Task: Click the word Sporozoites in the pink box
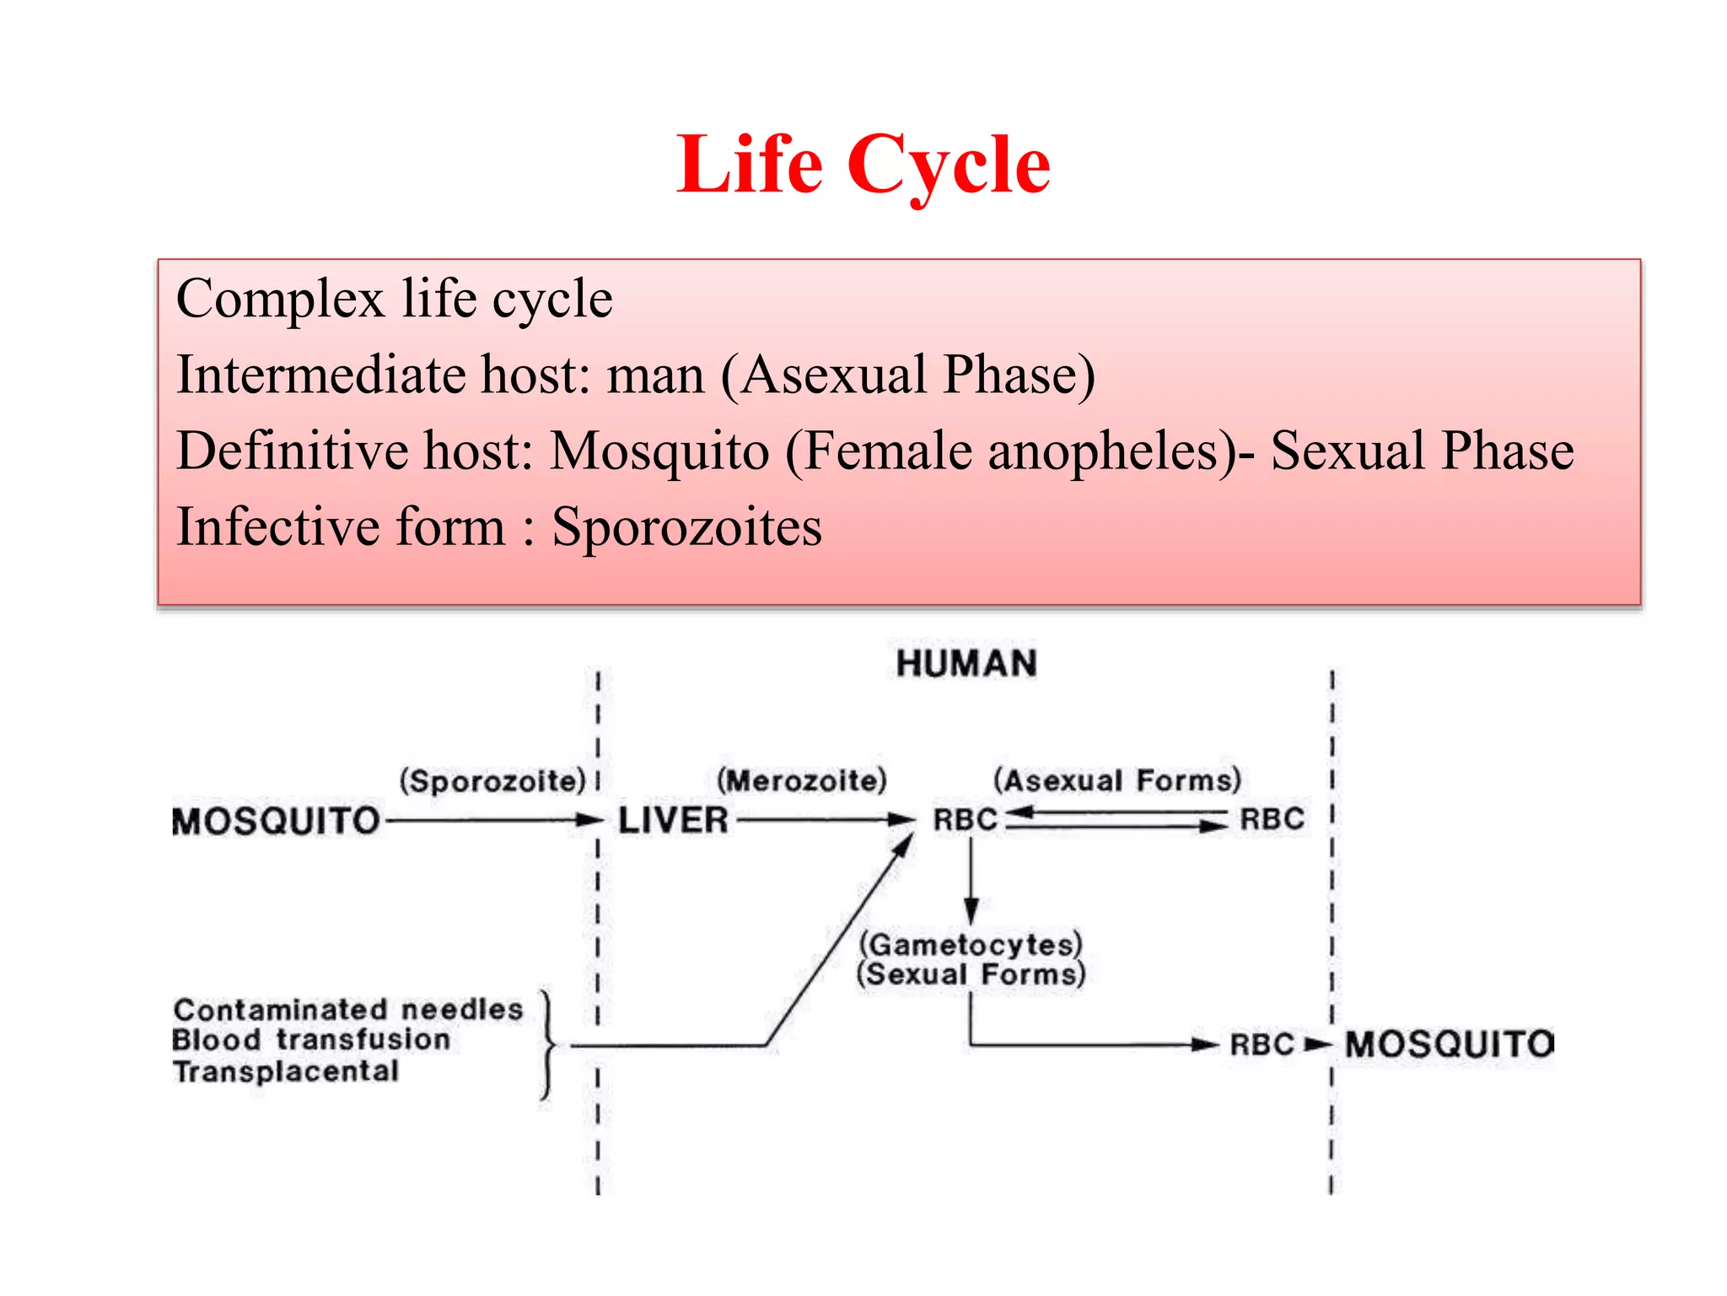click(x=686, y=527)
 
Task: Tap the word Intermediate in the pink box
click(x=320, y=375)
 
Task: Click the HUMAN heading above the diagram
click(x=966, y=664)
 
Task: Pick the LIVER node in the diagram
click(x=673, y=820)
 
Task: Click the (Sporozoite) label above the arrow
click(x=492, y=780)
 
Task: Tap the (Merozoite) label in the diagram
click(x=801, y=780)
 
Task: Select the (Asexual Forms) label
click(x=1116, y=780)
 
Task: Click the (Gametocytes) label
click(x=971, y=944)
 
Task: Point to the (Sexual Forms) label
click(x=971, y=975)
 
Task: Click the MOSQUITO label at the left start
click(x=276, y=821)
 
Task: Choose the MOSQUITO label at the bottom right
click(x=1449, y=1045)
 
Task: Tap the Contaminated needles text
click(x=347, y=1009)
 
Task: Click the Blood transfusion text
click(x=311, y=1039)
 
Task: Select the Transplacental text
click(x=286, y=1072)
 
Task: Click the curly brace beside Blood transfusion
click(x=548, y=1046)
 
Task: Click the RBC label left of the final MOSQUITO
click(x=1262, y=1045)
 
